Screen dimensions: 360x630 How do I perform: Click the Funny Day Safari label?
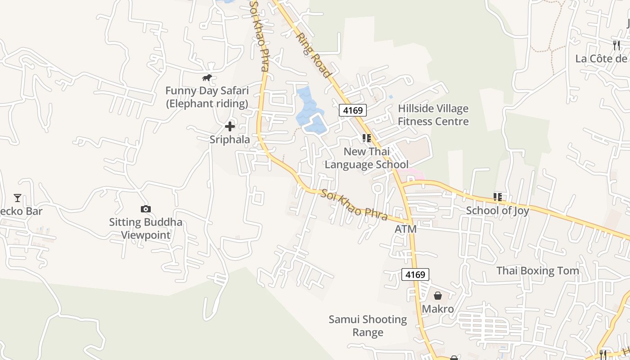point(207,97)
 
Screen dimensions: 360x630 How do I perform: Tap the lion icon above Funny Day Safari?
point(207,78)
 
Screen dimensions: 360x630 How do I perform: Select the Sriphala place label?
point(229,139)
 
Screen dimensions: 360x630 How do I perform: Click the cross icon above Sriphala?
point(229,126)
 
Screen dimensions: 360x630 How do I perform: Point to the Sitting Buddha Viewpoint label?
point(146,229)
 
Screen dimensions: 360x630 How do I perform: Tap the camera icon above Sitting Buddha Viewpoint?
point(145,209)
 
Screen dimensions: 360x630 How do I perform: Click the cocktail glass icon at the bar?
point(18,198)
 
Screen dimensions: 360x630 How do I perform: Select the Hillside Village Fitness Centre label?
point(433,115)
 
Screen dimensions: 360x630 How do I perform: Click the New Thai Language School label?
point(366,158)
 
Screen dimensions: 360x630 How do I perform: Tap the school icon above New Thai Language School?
point(366,138)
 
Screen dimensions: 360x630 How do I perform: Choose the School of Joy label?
point(497,211)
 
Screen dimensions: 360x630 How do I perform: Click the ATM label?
point(405,229)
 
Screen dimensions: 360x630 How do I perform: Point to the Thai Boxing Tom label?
point(537,271)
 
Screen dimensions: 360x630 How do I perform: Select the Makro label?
point(437,309)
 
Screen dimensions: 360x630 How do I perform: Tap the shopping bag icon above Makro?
point(437,296)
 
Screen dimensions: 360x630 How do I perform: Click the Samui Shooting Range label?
point(368,326)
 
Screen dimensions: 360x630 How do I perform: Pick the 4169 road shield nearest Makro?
point(415,274)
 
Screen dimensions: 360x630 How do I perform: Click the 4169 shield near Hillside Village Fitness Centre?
point(353,110)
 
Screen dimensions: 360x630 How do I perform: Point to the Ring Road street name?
point(314,55)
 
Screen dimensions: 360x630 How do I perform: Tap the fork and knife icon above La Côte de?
point(616,45)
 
